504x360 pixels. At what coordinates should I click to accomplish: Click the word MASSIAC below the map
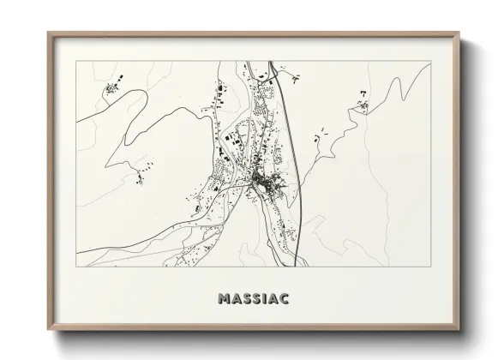tap(253, 299)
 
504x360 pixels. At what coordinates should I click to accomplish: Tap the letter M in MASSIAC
tap(224, 299)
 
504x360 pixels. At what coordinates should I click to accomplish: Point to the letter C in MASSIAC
tap(284, 299)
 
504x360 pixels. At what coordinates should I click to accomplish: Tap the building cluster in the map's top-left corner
tap(111, 88)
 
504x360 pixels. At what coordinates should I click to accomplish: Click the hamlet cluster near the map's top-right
tap(363, 105)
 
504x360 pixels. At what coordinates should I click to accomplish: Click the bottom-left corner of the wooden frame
tap(49, 329)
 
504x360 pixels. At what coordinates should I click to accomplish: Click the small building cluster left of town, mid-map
tap(141, 177)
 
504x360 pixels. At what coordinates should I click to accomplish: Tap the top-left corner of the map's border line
tap(76, 61)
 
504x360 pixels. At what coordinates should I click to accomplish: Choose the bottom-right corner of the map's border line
tap(430, 266)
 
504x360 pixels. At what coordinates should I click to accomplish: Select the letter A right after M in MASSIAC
tap(234, 299)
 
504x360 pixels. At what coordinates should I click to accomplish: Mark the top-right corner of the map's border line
tap(430, 61)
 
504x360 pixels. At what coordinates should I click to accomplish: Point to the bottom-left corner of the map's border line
tap(76, 266)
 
